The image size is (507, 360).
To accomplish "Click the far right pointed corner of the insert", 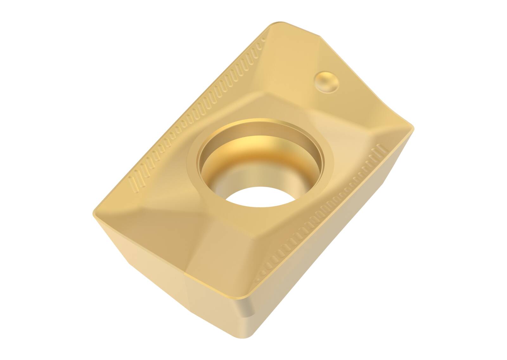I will pos(412,128).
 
